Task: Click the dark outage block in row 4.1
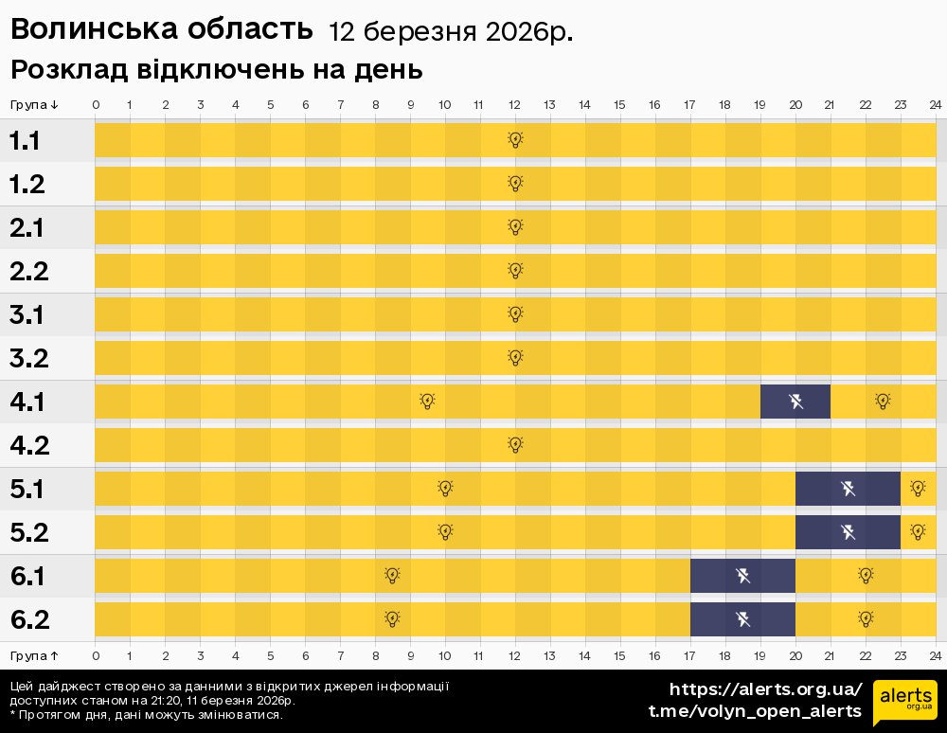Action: click(795, 402)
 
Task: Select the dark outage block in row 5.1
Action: click(848, 489)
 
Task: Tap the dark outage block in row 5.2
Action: click(848, 532)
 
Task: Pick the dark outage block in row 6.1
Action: click(742, 576)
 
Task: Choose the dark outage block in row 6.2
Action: click(742, 619)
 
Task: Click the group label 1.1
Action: click(26, 141)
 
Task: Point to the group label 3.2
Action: click(28, 359)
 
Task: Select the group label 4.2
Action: click(29, 446)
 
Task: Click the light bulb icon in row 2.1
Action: click(515, 227)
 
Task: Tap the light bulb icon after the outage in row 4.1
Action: click(883, 402)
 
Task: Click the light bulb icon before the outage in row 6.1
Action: click(392, 575)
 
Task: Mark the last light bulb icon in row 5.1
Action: click(917, 489)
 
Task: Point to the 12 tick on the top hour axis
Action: click(514, 104)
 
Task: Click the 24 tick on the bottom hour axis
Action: click(935, 655)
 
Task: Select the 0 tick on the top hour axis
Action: click(96, 104)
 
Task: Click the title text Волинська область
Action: click(161, 29)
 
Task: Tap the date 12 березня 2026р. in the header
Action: click(451, 32)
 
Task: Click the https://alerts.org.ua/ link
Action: click(765, 689)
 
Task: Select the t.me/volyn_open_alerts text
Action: click(754, 711)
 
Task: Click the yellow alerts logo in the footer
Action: click(904, 702)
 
